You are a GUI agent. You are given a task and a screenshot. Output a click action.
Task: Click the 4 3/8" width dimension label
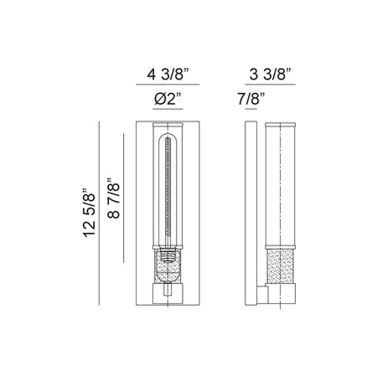(168, 75)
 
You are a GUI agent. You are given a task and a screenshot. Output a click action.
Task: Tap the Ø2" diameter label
(168, 99)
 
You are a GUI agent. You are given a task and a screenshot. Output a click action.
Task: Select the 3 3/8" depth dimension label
(271, 75)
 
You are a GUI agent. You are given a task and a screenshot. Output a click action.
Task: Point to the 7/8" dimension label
(251, 99)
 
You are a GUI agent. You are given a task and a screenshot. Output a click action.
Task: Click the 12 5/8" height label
(89, 214)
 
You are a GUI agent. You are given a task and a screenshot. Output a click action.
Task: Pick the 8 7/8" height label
(113, 198)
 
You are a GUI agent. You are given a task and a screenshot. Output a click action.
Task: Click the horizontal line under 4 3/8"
(168, 84)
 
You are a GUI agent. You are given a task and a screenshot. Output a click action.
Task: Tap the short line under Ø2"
(168, 109)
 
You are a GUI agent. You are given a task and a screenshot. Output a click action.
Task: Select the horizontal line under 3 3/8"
(271, 84)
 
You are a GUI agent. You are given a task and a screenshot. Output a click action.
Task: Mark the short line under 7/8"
(251, 109)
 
